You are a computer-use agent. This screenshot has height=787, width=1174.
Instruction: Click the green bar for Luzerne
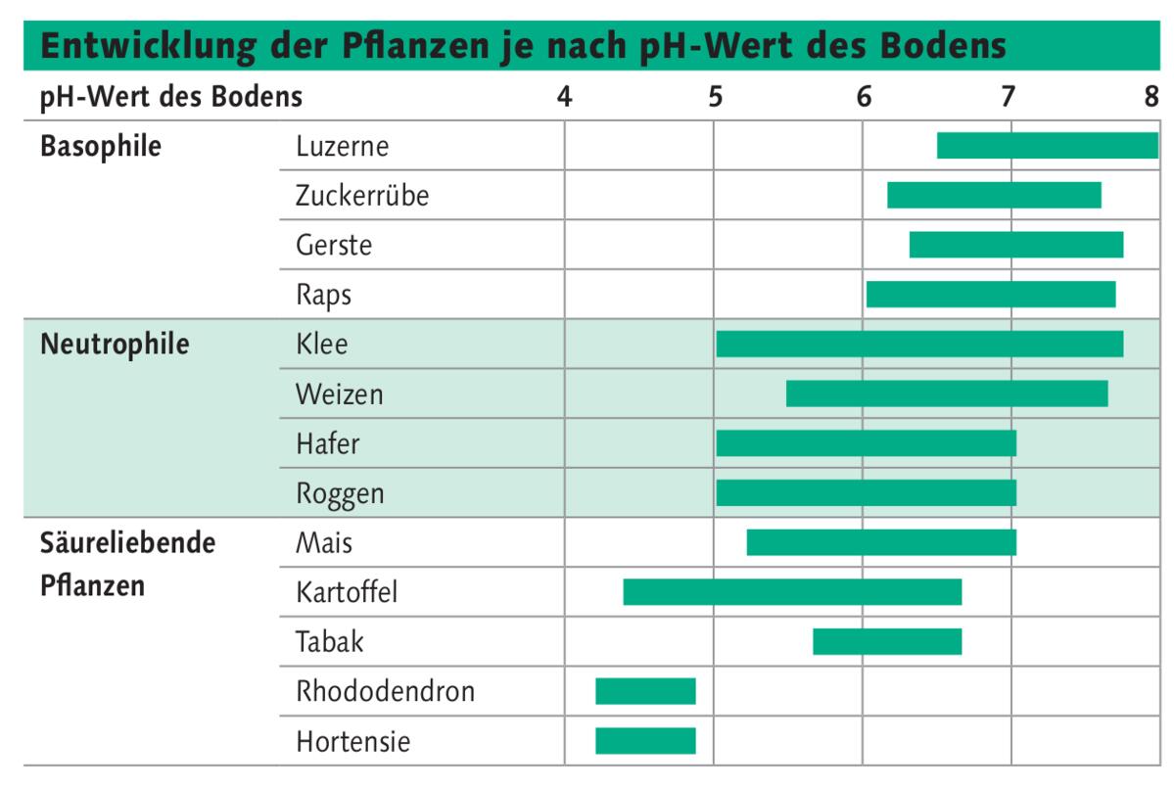1047,145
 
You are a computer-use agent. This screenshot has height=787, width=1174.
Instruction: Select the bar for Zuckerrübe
994,195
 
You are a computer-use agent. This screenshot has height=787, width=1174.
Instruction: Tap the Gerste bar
1015,245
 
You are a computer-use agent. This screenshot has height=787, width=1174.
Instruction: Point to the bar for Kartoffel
792,592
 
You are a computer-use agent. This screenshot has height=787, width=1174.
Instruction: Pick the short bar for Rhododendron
645,691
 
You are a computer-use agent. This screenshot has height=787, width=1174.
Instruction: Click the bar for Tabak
887,641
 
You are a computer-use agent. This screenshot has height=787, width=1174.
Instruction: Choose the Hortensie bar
645,741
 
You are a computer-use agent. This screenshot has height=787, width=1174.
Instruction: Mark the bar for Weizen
947,393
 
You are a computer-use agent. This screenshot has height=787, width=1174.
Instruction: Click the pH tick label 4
564,97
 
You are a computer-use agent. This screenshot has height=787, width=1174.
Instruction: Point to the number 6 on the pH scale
864,97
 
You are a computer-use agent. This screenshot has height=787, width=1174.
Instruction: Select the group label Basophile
101,147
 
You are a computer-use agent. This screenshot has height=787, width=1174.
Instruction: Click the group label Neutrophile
115,345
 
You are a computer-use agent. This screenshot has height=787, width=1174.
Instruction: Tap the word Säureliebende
127,542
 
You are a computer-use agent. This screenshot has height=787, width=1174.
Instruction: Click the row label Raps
323,296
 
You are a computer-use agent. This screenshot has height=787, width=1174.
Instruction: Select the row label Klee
321,345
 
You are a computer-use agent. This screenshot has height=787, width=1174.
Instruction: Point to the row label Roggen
340,494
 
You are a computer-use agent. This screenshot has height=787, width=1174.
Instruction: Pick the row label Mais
324,542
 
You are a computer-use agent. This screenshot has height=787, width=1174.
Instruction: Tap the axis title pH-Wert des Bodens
171,97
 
